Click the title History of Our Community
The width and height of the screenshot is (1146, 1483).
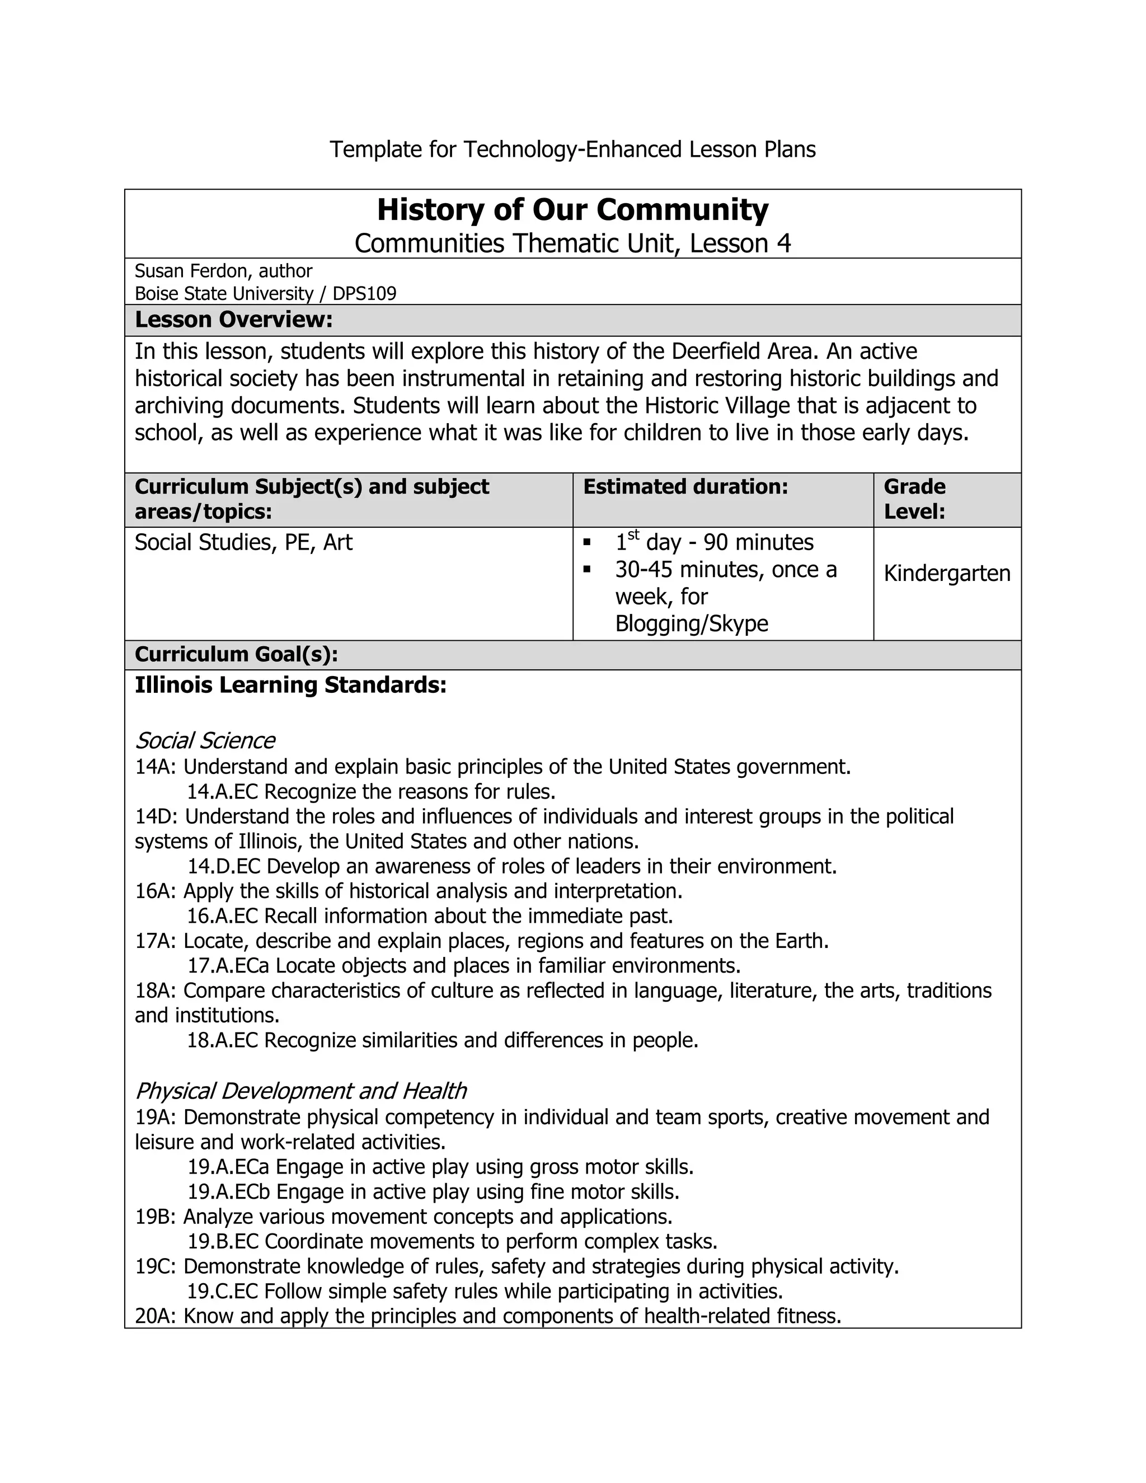click(572, 210)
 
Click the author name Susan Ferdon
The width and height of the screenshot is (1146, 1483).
click(192, 271)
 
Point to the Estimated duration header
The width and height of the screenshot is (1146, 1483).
click(685, 487)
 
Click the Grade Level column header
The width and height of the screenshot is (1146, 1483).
click(914, 499)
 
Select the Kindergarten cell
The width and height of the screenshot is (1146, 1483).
click(946, 574)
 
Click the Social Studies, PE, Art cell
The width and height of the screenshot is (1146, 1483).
click(244, 542)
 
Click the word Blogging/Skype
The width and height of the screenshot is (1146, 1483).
click(691, 623)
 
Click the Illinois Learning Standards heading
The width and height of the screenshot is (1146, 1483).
click(290, 685)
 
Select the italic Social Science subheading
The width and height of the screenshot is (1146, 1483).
click(205, 740)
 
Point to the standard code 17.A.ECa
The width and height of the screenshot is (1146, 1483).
click(229, 965)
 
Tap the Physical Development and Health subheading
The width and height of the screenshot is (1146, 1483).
click(300, 1091)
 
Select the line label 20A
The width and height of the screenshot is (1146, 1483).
click(155, 1316)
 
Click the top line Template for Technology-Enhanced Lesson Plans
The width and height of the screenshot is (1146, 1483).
click(572, 149)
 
